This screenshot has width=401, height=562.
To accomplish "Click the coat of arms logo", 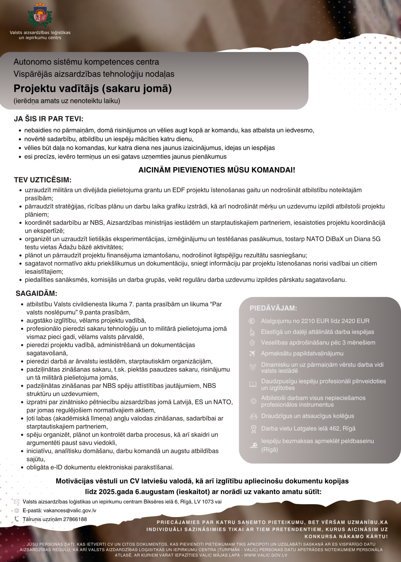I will point(40,15).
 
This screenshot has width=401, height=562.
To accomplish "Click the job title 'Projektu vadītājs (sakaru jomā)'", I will point(92,88).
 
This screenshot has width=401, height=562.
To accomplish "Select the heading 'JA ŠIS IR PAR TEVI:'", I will point(49,119).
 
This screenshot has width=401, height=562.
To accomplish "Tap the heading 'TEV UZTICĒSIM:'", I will point(43,180).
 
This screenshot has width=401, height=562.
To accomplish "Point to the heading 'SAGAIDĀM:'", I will point(36,293).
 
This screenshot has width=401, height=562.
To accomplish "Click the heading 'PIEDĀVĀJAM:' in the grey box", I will point(273,308).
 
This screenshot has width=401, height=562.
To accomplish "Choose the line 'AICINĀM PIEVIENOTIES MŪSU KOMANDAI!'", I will point(217,170).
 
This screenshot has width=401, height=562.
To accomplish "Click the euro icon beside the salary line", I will point(252,321).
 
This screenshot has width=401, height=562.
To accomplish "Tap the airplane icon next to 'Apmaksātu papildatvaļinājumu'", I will point(252,353).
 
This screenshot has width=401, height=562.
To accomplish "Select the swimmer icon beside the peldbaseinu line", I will point(253,445).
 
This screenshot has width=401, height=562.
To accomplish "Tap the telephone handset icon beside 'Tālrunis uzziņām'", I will point(16,519).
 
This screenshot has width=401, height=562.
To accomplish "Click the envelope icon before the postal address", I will point(16,502).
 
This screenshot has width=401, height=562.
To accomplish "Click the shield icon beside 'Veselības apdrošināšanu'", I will point(252,342).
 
